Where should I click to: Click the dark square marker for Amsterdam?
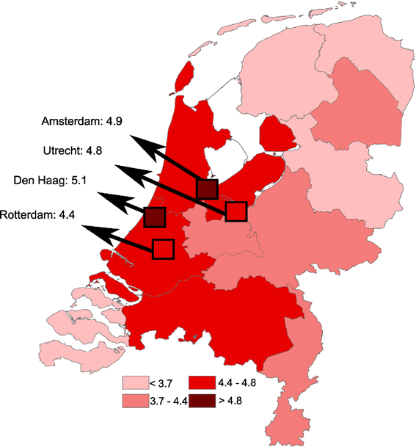208,189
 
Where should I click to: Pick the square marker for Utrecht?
236,211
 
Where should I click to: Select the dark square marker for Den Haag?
155,217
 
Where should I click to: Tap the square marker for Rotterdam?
162,248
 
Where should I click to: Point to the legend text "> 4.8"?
230,400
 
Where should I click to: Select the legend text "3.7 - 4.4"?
167,400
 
